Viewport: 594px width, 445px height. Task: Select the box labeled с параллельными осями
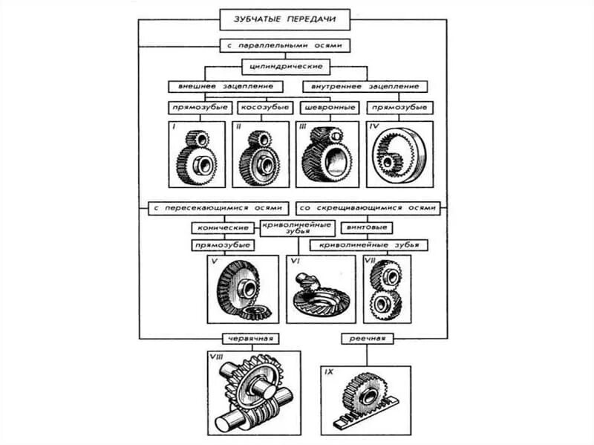[x=285, y=45]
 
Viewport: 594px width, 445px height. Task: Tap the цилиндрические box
[x=285, y=66]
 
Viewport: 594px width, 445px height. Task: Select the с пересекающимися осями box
[x=216, y=207]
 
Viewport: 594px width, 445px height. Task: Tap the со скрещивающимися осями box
[x=367, y=207]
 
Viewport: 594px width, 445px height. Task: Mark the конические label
[x=221, y=227]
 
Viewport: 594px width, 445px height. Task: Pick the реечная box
[x=367, y=339]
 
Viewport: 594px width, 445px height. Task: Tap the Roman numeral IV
[x=374, y=128]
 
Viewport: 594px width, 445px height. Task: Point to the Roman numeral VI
[x=295, y=262]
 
